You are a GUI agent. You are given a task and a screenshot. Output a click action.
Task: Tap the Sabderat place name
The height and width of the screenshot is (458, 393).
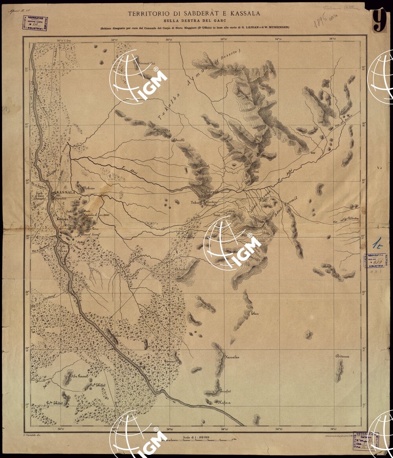[x=209, y=192]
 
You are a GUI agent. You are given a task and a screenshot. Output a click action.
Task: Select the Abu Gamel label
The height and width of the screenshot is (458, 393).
[x=78, y=376]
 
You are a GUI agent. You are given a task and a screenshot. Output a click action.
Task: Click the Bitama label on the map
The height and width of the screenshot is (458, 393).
[x=342, y=357]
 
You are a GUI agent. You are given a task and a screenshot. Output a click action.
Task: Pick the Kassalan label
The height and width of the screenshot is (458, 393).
[x=231, y=357]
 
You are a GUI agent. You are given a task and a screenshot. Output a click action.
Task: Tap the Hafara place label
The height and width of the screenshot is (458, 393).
[x=224, y=402]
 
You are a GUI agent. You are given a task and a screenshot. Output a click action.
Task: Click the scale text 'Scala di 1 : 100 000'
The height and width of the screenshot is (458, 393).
[x=195, y=437]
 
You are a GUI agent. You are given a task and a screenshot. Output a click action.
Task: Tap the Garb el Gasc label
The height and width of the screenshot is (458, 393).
[x=39, y=196]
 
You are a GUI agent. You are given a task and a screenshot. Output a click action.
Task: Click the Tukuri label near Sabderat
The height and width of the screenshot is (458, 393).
[x=196, y=203]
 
